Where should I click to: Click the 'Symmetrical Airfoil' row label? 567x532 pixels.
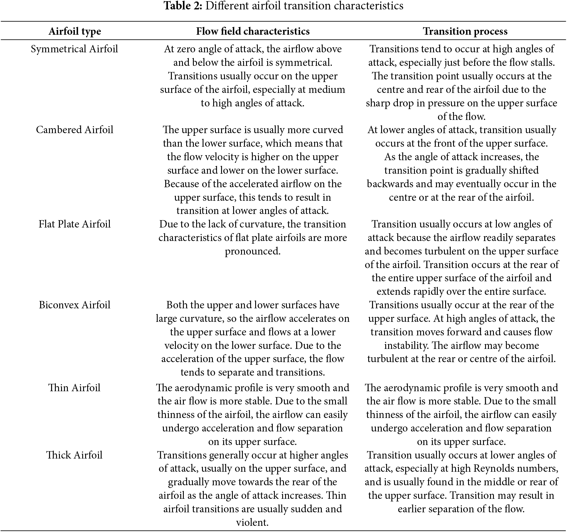[74, 49]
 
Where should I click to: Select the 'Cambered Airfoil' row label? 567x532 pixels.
[75, 130]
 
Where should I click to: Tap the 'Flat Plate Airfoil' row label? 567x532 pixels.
[75, 224]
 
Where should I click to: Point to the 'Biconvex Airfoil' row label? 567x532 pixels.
[75, 305]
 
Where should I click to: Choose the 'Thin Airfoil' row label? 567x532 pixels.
[74, 388]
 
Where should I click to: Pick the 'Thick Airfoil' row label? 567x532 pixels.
[74, 455]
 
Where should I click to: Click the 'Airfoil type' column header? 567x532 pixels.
[75, 31]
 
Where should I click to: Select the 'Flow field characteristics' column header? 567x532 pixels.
[253, 31]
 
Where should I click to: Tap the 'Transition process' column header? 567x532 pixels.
[465, 31]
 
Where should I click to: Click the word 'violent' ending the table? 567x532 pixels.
[252, 522]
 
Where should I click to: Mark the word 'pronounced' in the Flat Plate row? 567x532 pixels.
[252, 251]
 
